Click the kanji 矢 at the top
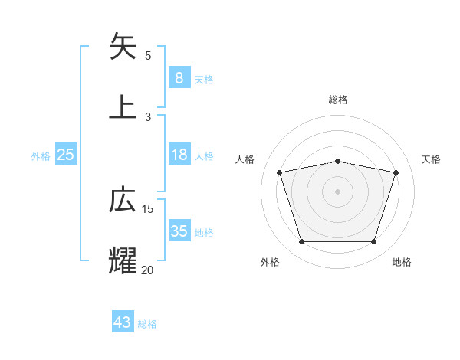[x=123, y=47]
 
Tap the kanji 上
[x=123, y=106]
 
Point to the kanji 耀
[x=123, y=260]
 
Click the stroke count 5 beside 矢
[x=148, y=56]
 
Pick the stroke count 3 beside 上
[x=148, y=116]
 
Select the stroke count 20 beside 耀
[x=148, y=269]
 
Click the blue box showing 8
[x=179, y=77]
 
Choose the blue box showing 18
[x=179, y=155]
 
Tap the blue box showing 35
[x=179, y=231]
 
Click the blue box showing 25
[x=65, y=155]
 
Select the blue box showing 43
[x=123, y=322]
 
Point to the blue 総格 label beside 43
[x=148, y=324]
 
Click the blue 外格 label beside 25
[x=41, y=156]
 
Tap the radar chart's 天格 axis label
[x=432, y=159]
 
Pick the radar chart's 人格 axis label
[x=245, y=159]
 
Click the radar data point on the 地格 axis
[x=373, y=242]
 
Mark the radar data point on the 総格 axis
[x=337, y=161]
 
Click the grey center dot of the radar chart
[x=337, y=191]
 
